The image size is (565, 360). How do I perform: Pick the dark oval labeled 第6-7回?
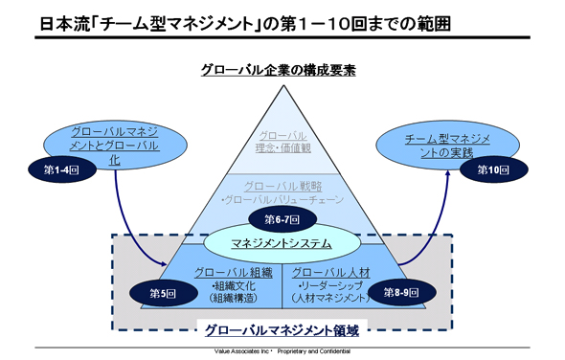tap(281, 220)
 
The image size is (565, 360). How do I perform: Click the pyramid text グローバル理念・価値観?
tap(282, 143)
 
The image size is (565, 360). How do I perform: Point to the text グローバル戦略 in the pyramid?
tap(282, 186)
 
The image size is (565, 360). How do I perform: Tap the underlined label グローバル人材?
tap(329, 273)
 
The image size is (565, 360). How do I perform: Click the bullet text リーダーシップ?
tap(331, 285)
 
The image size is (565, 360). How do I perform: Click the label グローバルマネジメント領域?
tap(282, 330)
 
